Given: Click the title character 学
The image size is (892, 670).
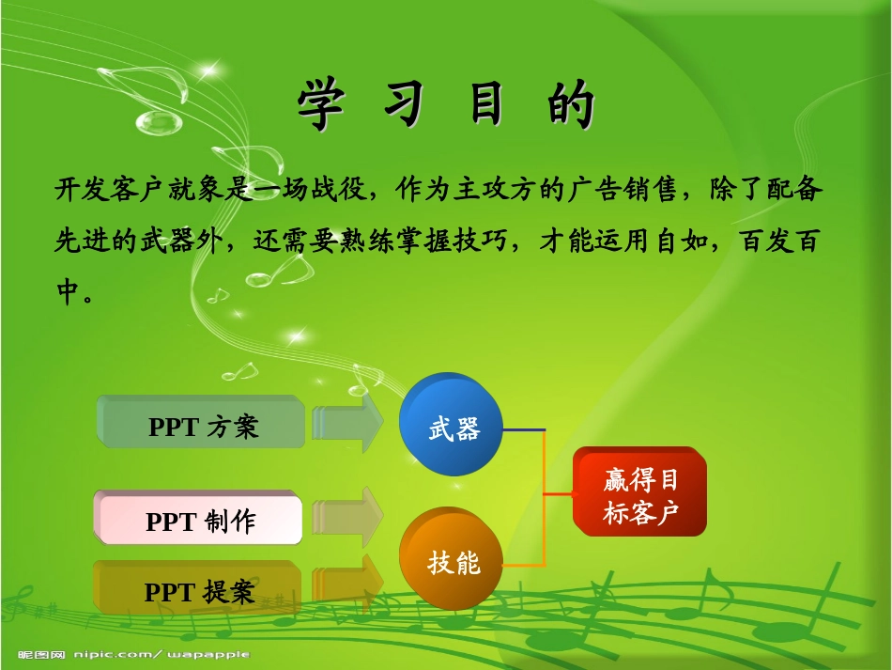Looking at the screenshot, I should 320,104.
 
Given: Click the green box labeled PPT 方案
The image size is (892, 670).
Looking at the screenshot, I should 202,426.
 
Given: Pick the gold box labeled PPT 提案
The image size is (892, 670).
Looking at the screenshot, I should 198,591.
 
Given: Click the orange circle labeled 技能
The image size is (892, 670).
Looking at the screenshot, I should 453,561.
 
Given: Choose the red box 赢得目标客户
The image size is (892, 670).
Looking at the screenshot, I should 640,494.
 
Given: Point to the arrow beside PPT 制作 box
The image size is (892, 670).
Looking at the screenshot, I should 349,517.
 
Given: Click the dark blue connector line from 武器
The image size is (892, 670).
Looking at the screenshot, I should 524,429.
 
